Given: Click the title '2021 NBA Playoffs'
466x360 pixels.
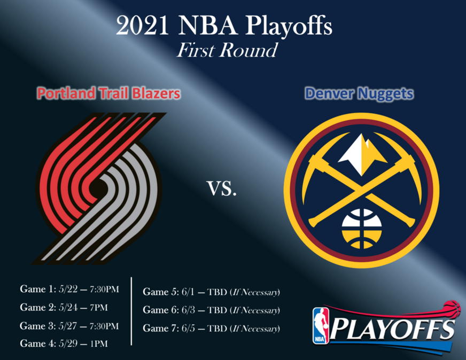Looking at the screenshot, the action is click(224, 26).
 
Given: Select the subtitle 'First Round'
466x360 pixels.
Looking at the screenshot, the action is click(227, 50).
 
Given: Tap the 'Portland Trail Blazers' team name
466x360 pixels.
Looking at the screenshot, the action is click(108, 93).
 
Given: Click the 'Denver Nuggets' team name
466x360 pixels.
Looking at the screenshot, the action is click(359, 93).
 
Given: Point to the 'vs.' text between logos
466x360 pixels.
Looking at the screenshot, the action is click(222, 189).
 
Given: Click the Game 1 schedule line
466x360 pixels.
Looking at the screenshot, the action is click(69, 289).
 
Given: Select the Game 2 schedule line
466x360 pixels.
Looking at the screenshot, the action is click(64, 308).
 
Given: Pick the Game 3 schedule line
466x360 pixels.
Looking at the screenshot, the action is click(69, 326).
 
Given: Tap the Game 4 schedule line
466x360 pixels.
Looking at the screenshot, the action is click(64, 343).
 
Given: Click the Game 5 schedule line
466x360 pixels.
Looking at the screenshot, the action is click(211, 292).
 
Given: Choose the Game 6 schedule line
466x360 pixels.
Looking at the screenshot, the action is click(211, 310).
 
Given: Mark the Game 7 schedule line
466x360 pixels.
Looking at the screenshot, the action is click(211, 328).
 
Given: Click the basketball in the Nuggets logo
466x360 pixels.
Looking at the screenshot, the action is click(362, 229).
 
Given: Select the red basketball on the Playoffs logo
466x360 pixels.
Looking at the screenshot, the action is click(452, 309).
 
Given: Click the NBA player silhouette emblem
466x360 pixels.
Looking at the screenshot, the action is click(321, 326).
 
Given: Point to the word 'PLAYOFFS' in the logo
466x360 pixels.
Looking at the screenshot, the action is click(393, 328).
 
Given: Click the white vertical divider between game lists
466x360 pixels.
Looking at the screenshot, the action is click(131, 311).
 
